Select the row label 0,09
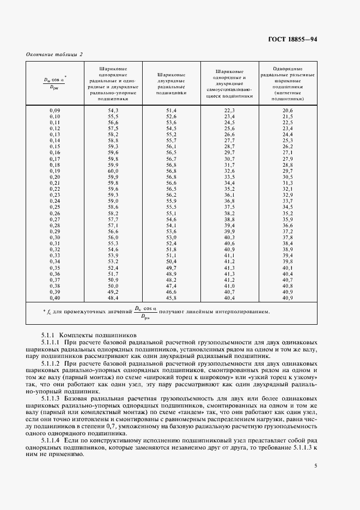tap(54, 111)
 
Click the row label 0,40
tap(54, 299)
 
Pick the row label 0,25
tap(54, 207)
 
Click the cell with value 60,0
tap(113, 171)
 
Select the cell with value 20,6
tap(288, 111)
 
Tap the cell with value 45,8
tap(172, 299)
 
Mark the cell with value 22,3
tap(229, 111)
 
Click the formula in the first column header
tap(54, 82)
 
